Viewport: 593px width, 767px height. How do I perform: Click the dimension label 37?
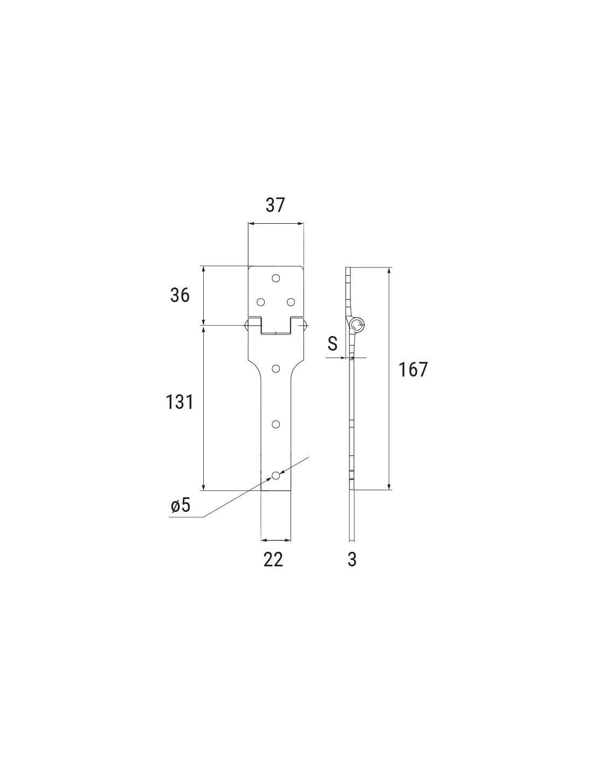275,205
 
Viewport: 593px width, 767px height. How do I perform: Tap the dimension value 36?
180,295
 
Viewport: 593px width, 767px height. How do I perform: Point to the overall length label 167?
413,369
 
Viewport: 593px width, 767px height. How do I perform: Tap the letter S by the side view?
333,344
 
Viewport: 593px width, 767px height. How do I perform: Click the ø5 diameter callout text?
181,506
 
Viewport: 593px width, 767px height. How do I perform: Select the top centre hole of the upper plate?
276,278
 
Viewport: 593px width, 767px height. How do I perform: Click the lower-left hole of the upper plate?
261,302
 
